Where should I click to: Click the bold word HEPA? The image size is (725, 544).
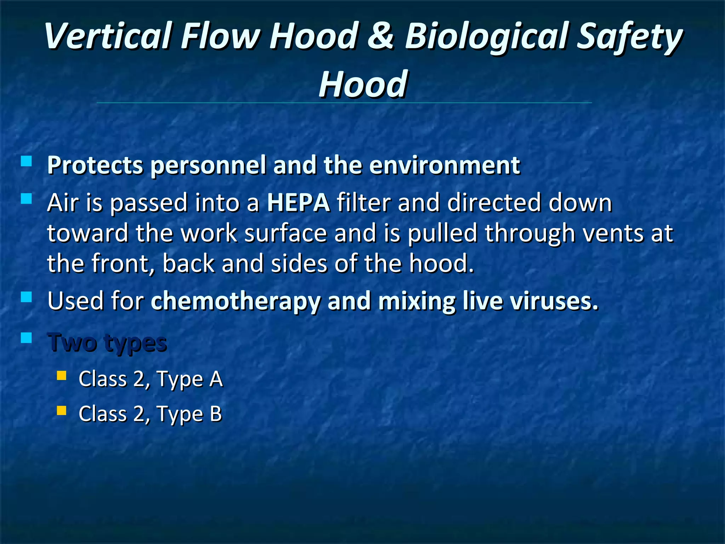click(298, 203)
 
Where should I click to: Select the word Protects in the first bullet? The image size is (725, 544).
click(95, 165)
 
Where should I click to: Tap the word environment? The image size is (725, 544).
click(445, 165)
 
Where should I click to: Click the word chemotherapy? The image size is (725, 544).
click(235, 301)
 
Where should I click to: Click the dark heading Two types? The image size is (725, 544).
click(108, 343)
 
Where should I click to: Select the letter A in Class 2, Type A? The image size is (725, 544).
click(216, 379)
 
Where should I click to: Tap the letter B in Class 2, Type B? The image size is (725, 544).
click(216, 414)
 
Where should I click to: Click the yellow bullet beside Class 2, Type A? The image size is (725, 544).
click(62, 375)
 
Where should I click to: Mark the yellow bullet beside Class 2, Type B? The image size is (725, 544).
click(62, 410)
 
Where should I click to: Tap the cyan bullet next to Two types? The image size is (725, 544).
click(26, 338)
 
